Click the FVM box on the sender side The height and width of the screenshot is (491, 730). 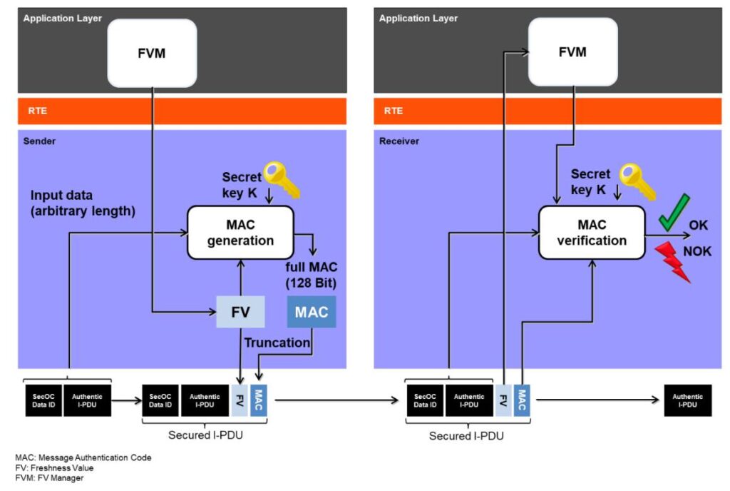tap(151, 54)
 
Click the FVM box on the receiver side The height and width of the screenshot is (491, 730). tap(572, 52)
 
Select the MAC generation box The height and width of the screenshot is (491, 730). tap(240, 233)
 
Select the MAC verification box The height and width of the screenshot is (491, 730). tap(591, 233)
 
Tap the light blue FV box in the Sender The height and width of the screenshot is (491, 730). tap(240, 312)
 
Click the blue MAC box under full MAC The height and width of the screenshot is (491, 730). tap(311, 312)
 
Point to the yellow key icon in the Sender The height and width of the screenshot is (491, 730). tap(282, 179)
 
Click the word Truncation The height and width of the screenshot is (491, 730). tap(277, 343)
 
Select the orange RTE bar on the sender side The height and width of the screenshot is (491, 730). tap(182, 111)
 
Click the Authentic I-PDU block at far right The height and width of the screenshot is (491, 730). tap(687, 400)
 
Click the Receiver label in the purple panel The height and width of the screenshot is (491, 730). tap(399, 141)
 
